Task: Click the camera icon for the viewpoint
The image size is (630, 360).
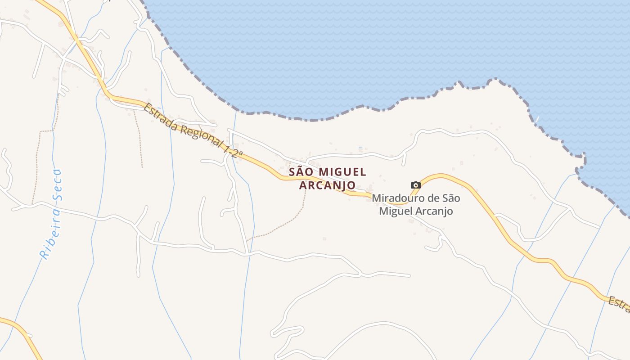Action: point(415,185)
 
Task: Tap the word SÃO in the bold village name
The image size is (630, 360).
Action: point(301,172)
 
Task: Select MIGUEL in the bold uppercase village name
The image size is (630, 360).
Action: point(342,172)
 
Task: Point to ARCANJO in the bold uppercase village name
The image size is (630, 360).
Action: point(327,185)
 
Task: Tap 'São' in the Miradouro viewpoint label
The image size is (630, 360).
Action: point(451,198)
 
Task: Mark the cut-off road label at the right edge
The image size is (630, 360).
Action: point(619,304)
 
